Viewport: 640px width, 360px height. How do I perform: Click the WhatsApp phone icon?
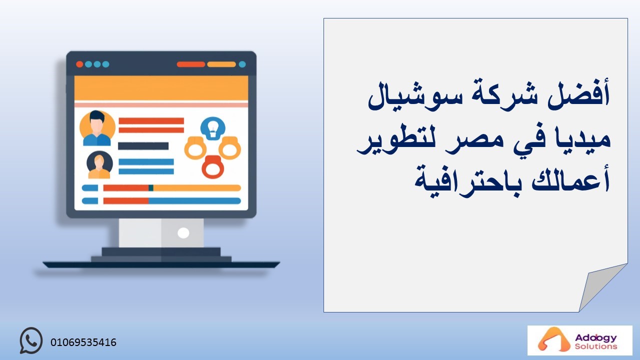pos(31,340)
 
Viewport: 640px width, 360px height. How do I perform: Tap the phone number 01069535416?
pos(83,342)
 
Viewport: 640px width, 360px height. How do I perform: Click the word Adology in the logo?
pos(596,338)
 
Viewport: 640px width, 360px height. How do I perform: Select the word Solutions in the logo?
pos(596,346)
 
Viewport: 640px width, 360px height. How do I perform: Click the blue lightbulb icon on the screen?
pos(213,128)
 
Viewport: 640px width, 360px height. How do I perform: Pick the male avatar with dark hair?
pos(97,128)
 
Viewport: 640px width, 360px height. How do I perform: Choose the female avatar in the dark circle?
pos(99,165)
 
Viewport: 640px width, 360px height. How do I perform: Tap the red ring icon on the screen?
pos(212,167)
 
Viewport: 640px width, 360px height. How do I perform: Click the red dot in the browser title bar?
pos(79,64)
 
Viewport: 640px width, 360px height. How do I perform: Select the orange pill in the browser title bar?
pos(221,64)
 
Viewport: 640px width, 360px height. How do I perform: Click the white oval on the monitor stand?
pos(183,233)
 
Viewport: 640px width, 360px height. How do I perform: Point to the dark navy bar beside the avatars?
pos(143,146)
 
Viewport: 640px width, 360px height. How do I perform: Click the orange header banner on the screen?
pos(161,88)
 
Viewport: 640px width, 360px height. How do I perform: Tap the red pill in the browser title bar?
pos(191,64)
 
